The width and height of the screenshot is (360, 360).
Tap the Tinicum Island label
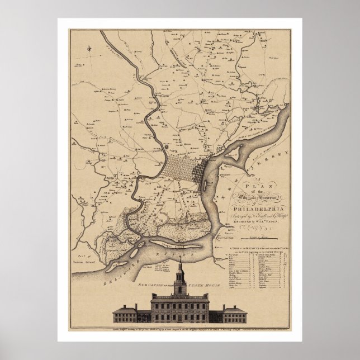pos(83,261)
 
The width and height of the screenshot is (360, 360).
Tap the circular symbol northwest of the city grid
pos(166,146)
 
